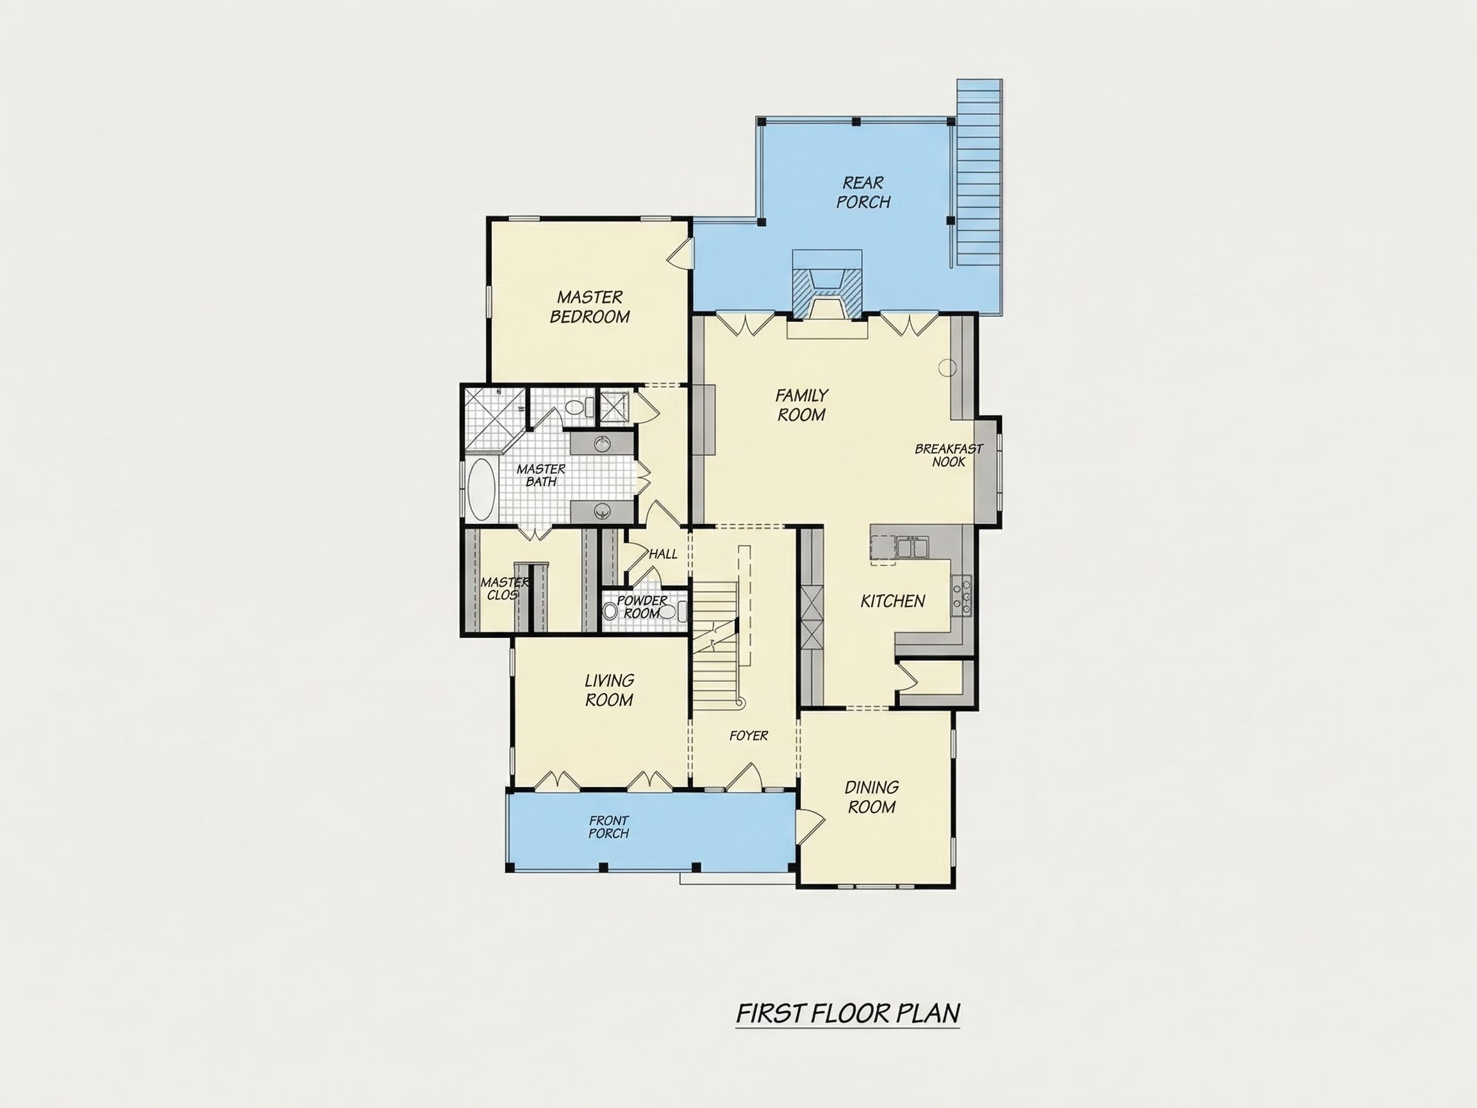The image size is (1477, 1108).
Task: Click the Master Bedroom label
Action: click(x=590, y=306)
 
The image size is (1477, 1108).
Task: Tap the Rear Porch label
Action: click(x=864, y=192)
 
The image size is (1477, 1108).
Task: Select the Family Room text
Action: click(x=801, y=405)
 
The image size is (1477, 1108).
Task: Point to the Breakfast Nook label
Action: click(x=949, y=455)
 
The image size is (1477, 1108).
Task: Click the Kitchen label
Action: click(x=893, y=601)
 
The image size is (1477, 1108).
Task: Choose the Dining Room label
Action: click(x=871, y=797)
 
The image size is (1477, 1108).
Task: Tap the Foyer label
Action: click(x=749, y=735)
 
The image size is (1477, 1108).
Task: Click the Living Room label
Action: click(x=609, y=690)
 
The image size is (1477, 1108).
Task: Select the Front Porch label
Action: click(x=608, y=827)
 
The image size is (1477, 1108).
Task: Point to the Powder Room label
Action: click(x=642, y=607)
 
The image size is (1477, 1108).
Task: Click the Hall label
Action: click(x=663, y=553)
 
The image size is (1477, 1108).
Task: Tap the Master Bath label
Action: click(x=541, y=475)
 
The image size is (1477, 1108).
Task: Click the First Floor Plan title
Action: click(x=848, y=1013)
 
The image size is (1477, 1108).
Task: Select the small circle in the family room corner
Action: click(x=947, y=367)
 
